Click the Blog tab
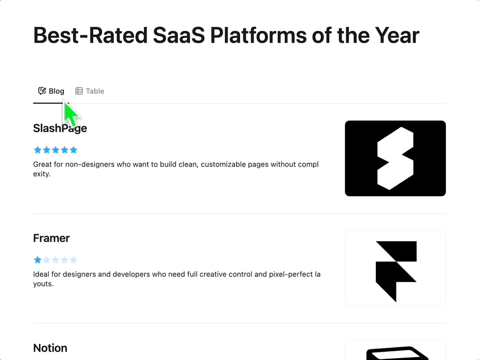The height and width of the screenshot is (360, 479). pos(51,91)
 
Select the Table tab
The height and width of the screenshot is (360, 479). pos(90,91)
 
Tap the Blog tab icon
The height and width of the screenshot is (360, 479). pos(42,91)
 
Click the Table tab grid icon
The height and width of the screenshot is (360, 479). pos(79,91)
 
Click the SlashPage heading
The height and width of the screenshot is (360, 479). pos(60,128)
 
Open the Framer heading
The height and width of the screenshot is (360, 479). pos(52,238)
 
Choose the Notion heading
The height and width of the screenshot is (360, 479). pos(50,348)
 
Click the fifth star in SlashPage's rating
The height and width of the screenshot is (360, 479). pos(73,150)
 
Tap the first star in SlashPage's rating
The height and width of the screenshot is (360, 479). pos(38,150)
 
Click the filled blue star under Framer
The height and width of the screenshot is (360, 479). pos(38,260)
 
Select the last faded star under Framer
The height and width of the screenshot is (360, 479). pos(73,260)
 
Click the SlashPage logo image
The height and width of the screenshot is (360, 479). pos(395,159)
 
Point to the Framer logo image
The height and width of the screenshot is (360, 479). pos(395,269)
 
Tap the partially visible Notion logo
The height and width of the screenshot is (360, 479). pos(395,350)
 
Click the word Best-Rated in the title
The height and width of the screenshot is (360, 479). pos(90,35)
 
